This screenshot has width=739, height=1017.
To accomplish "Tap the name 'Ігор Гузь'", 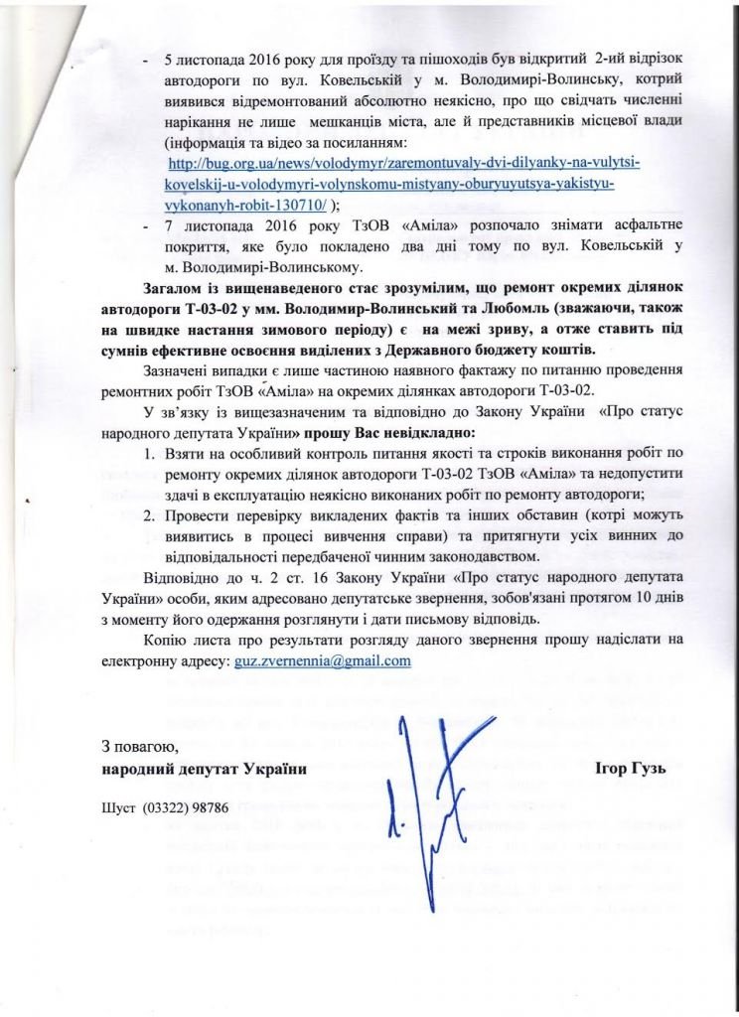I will coord(630,769).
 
